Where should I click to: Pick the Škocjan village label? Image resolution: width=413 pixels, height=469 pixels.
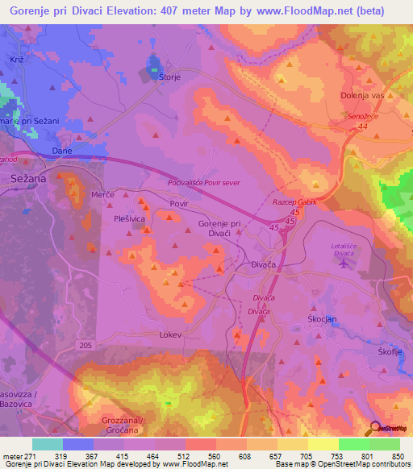321,318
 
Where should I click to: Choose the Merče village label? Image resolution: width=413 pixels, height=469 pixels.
102,196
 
